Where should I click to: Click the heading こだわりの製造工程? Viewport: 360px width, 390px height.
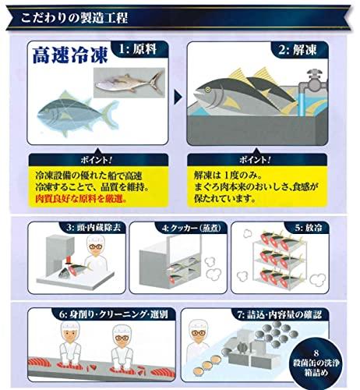click(x=74, y=18)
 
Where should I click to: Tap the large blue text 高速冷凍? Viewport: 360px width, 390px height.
click(x=70, y=55)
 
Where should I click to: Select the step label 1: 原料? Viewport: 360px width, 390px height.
click(x=138, y=49)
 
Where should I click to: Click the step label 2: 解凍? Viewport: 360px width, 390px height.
click(x=298, y=49)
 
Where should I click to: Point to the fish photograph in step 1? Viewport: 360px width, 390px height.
click(x=129, y=83)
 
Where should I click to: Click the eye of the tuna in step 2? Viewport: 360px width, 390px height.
click(x=207, y=90)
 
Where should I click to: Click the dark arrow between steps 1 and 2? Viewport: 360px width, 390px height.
click(x=178, y=97)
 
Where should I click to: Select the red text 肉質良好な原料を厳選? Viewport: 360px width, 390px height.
click(x=81, y=199)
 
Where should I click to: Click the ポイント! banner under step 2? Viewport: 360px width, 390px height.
click(x=256, y=160)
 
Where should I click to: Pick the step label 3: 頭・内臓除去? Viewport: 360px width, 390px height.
click(x=94, y=228)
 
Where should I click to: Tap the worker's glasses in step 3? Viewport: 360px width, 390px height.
click(x=95, y=246)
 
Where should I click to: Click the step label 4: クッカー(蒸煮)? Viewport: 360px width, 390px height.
click(x=192, y=228)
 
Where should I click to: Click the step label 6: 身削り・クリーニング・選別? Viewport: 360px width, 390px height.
click(x=113, y=314)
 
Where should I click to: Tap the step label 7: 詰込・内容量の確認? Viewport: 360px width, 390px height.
click(x=280, y=315)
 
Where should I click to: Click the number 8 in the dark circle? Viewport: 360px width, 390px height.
click(x=316, y=353)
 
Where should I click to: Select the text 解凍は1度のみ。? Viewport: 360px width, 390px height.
click(x=228, y=175)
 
